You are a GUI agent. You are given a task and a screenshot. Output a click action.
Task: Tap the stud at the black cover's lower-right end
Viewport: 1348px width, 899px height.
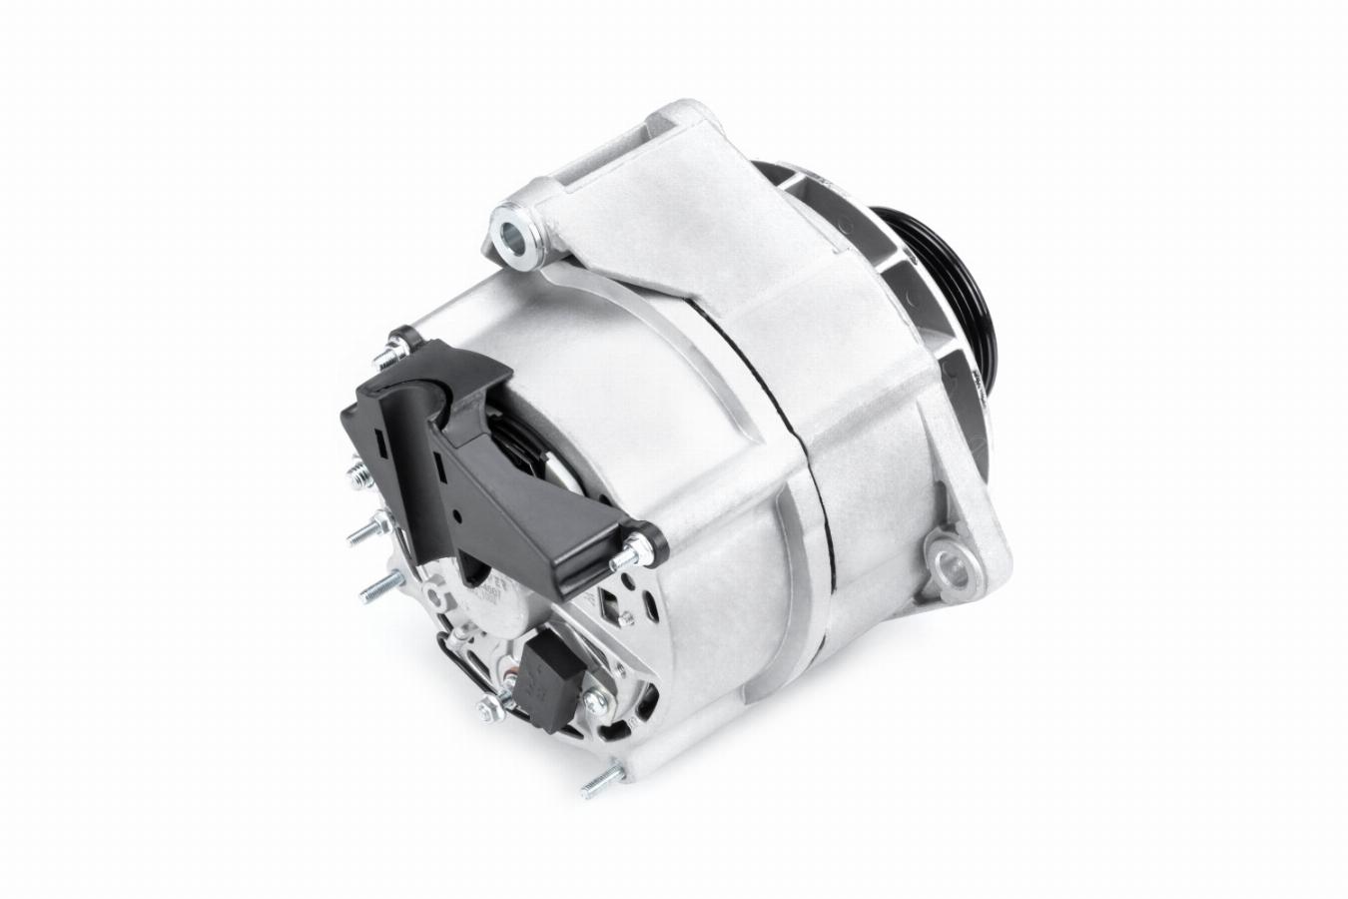(x=645, y=546)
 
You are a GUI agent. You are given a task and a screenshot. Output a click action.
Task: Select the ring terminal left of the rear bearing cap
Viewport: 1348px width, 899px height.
(x=433, y=596)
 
